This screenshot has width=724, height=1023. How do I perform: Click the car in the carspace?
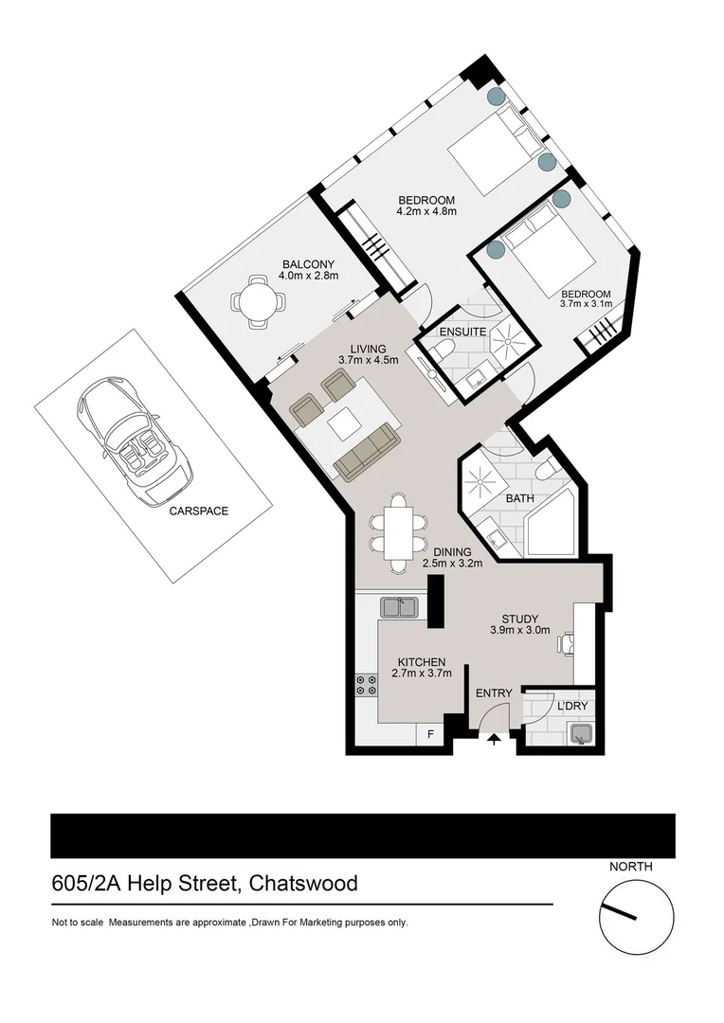click(x=134, y=443)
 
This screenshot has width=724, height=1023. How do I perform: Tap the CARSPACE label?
click(x=198, y=511)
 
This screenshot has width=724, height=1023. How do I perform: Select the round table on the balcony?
click(x=257, y=302)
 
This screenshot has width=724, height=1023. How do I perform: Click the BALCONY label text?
click(x=308, y=264)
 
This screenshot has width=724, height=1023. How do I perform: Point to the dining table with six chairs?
click(x=398, y=533)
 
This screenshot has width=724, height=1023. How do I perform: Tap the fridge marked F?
click(x=431, y=733)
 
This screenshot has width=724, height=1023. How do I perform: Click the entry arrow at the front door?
click(x=494, y=740)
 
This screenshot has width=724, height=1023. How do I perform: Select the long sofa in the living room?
click(x=367, y=452)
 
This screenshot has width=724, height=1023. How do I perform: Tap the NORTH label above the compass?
click(x=630, y=866)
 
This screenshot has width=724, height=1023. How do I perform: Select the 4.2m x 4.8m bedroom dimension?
click(x=426, y=212)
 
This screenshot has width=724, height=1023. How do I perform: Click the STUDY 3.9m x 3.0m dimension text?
click(x=519, y=630)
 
